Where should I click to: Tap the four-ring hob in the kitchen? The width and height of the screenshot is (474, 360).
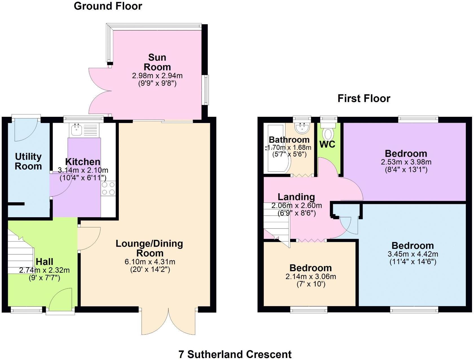(108, 188)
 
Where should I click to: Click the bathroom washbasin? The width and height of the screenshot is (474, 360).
(302, 128)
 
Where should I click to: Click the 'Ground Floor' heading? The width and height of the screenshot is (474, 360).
(108, 6)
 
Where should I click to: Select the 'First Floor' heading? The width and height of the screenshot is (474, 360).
(364, 98)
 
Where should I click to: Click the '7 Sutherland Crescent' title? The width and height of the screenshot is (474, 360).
(235, 354)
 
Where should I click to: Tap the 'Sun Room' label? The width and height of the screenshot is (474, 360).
(157, 62)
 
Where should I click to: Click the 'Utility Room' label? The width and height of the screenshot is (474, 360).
(28, 161)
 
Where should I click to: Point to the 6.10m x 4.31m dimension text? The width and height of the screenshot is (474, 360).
(150, 262)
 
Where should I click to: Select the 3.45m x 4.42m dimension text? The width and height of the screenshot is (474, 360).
(413, 254)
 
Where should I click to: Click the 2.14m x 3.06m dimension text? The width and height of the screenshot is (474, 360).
(311, 276)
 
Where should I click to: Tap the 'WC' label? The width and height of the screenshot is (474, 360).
(327, 144)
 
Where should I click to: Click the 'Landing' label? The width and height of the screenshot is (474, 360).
(296, 197)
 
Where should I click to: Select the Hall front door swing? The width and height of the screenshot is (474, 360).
(62, 299)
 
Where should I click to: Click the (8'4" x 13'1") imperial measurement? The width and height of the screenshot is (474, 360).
(406, 170)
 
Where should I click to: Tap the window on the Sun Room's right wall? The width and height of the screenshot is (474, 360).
(207, 90)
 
